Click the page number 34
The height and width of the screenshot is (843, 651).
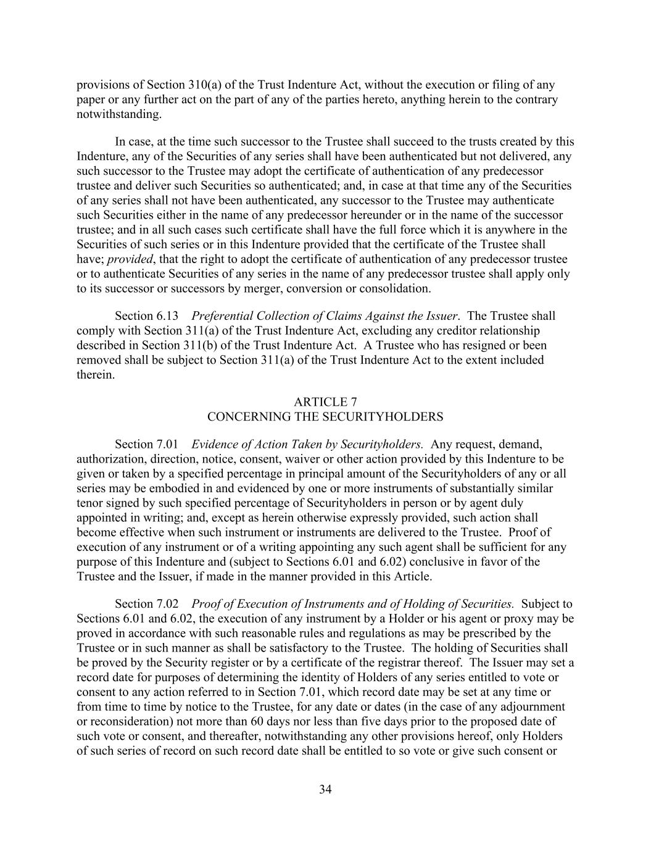click(325, 789)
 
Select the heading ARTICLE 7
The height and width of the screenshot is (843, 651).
click(325, 402)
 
